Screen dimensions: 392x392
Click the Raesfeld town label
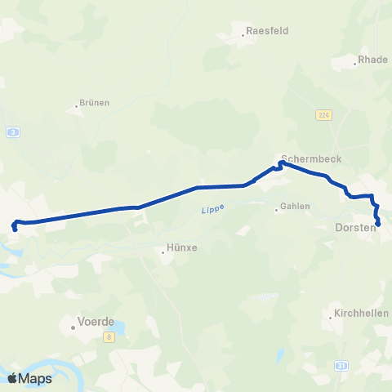pyautogui.click(x=269, y=30)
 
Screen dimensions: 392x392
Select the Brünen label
pyautogui.click(x=95, y=104)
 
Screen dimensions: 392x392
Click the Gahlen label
pyautogui.click(x=295, y=207)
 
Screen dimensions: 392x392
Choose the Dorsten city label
pyautogui.click(x=355, y=228)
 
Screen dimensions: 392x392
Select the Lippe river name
pyautogui.click(x=212, y=211)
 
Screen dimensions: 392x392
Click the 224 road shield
pyautogui.click(x=323, y=116)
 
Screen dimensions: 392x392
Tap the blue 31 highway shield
pyautogui.click(x=341, y=366)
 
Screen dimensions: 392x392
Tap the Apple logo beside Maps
pyautogui.click(x=13, y=378)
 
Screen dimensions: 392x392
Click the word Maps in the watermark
pyautogui.click(x=38, y=378)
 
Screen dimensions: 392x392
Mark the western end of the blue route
pyautogui.click(x=15, y=229)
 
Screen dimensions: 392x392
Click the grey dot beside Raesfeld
pyautogui.click(x=245, y=34)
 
